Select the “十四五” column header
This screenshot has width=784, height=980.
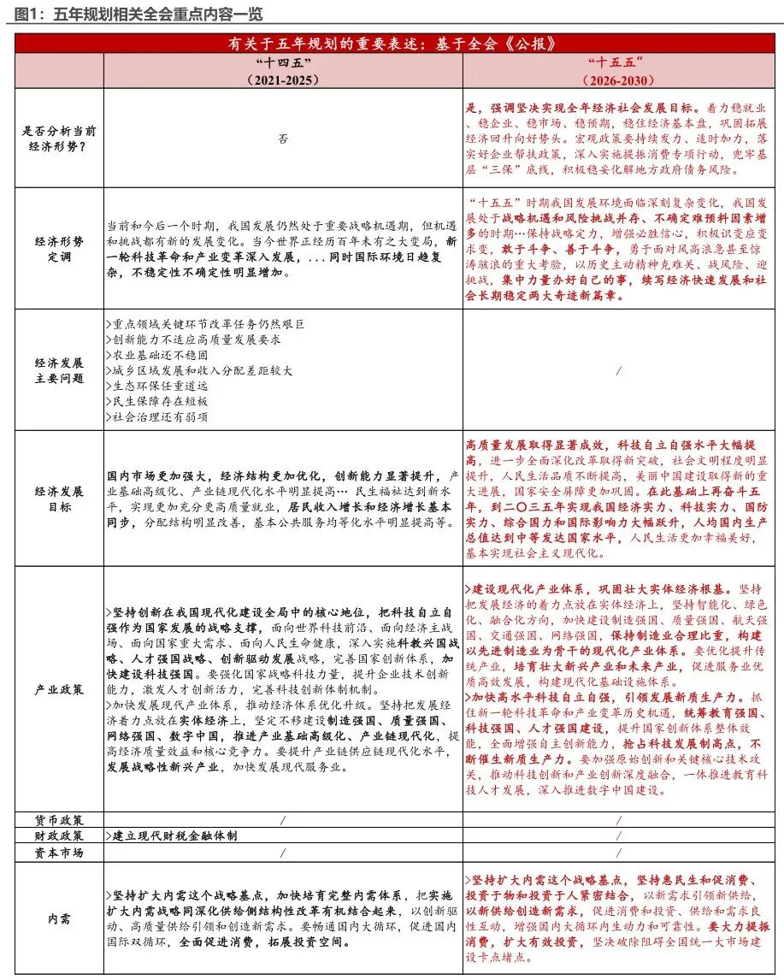tap(282, 63)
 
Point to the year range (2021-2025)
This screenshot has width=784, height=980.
tap(282, 80)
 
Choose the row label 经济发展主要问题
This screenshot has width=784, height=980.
tap(58, 370)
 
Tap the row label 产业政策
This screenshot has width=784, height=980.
tap(58, 689)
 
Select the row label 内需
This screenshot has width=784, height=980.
tap(58, 919)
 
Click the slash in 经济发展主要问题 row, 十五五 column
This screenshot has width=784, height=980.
tap(618, 370)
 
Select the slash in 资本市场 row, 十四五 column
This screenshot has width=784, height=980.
tap(282, 853)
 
